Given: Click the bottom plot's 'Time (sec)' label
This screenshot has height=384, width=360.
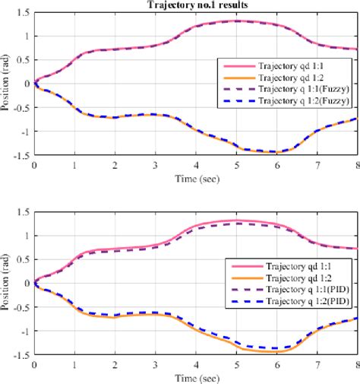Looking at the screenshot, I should pyautogui.click(x=196, y=377).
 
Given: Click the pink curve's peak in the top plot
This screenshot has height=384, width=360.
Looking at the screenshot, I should pyautogui.click(x=236, y=21).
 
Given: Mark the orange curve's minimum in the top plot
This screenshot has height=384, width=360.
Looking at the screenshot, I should pyautogui.click(x=276, y=152).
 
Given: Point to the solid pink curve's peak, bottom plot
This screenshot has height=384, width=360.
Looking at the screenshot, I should pyautogui.click(x=236, y=221).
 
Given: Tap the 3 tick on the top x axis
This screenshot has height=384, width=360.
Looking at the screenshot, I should pyautogui.click(x=156, y=165).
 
